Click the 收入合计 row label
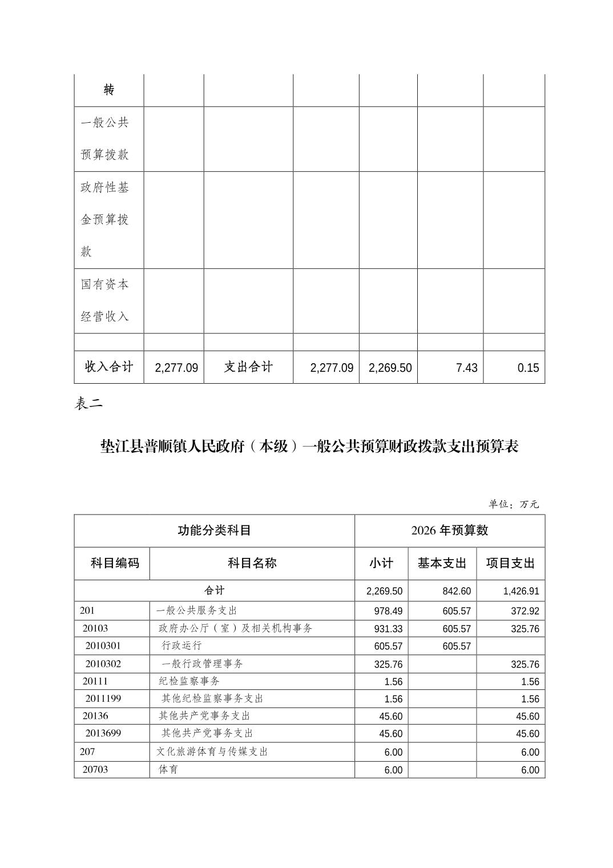tap(109, 367)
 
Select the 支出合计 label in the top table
tap(248, 367)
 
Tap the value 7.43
tap(466, 368)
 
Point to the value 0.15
tap(528, 368)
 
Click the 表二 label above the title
tap(88, 404)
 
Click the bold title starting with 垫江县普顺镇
tap(309, 446)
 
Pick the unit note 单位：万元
tap(513, 504)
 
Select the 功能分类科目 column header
tap(215, 531)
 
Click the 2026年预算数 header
tap(450, 531)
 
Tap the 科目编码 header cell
tap(115, 563)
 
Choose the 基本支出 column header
tap(442, 563)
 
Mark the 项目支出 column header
tap(510, 563)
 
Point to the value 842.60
tap(457, 591)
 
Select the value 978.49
tap(388, 611)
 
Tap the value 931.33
tap(388, 629)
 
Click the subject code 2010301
tap(103, 646)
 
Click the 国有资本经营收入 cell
tap(105, 300)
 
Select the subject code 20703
tap(95, 769)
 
